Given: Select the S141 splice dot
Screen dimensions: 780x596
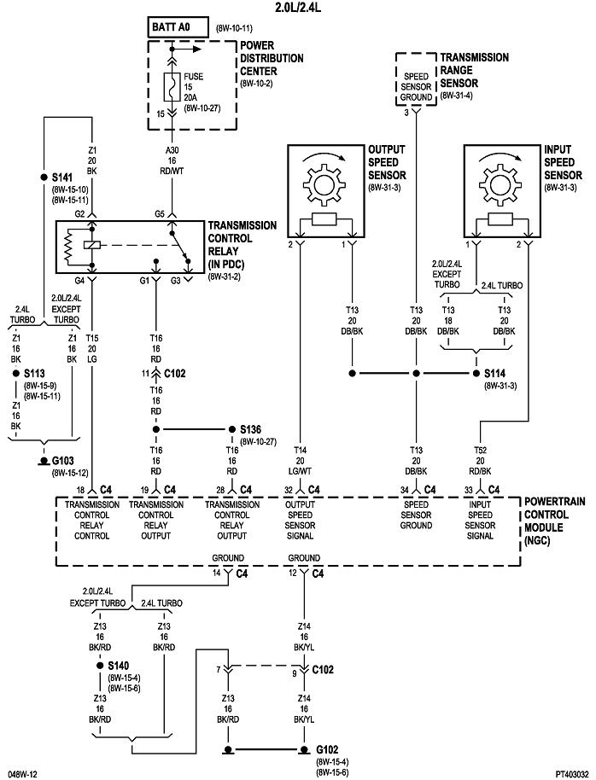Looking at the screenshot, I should [x=43, y=178].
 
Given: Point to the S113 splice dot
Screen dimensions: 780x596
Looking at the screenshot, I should [x=16, y=374].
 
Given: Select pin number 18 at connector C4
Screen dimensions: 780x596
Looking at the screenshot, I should [x=80, y=490].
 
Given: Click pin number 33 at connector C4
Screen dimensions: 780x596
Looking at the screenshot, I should [x=468, y=490].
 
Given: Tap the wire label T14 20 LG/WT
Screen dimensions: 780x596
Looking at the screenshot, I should [x=301, y=462].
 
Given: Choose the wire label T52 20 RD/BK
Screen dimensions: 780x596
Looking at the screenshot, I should [x=481, y=462].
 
